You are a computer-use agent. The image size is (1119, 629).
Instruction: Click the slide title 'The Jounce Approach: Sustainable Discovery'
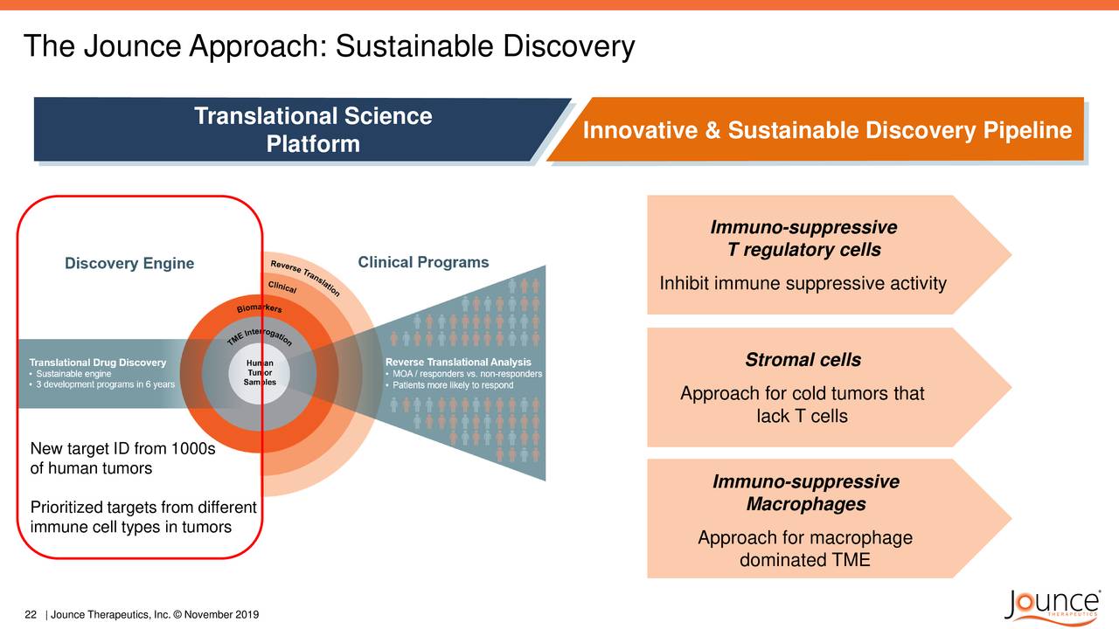[x=330, y=46]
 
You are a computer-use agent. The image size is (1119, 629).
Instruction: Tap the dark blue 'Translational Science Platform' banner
[x=300, y=129]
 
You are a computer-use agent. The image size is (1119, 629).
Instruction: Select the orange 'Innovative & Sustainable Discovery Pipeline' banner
[x=819, y=129]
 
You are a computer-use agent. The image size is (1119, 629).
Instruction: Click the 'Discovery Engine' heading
[x=129, y=263]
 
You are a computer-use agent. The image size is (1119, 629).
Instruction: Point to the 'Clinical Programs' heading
[x=423, y=262]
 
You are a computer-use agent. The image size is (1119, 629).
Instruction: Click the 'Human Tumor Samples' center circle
[x=260, y=372]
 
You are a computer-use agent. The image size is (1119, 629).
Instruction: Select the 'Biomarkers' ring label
[x=260, y=308]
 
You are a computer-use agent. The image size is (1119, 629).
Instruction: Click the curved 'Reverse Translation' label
[x=305, y=278]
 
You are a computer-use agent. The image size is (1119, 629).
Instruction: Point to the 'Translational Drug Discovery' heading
[x=97, y=363]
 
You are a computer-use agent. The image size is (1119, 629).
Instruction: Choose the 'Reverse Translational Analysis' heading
[x=458, y=362]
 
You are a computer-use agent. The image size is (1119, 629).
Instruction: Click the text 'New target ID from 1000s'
[x=123, y=448]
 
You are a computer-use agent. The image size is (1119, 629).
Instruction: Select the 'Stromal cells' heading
[x=803, y=359]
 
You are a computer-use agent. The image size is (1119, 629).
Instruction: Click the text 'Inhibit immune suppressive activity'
[x=803, y=283]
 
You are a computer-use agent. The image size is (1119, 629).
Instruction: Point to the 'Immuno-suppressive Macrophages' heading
[x=806, y=493]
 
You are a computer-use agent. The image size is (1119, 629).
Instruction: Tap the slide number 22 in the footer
[x=31, y=614]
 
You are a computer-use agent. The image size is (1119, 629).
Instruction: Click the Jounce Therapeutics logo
[x=1052, y=606]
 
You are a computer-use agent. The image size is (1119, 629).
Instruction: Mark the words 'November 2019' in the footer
[x=221, y=614]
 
